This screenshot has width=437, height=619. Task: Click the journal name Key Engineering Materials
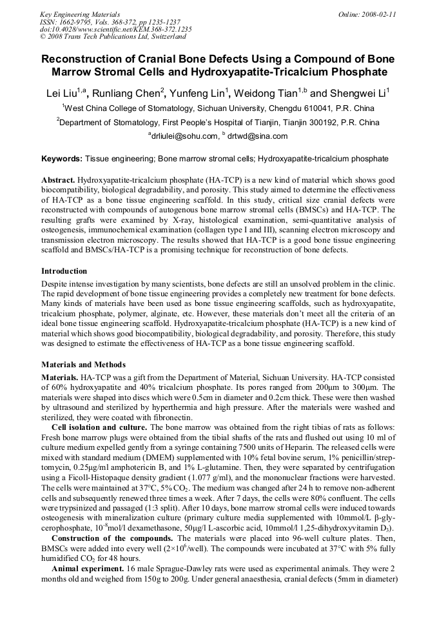80,14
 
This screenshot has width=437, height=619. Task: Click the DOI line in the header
115,29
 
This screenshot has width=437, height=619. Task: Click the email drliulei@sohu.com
185,136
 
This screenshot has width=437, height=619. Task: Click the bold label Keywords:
62,158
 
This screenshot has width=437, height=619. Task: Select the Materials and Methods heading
83,365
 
